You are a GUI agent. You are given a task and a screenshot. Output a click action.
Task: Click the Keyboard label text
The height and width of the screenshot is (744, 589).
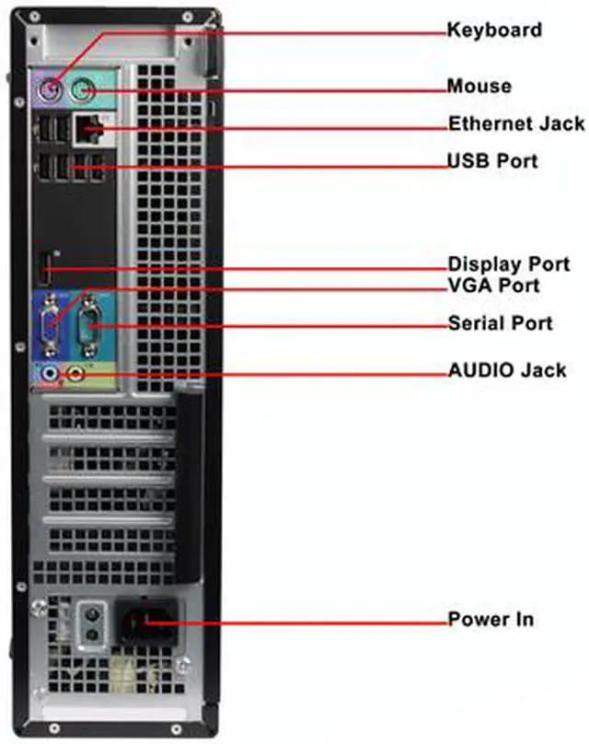point(494,30)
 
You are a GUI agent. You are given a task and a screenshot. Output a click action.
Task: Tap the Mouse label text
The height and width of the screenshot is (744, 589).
point(479,87)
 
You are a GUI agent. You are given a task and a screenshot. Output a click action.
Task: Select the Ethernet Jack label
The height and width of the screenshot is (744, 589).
point(516,123)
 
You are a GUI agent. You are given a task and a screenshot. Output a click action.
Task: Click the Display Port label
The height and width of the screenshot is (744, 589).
point(509,264)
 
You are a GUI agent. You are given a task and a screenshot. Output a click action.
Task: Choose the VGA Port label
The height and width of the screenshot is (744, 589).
point(493,286)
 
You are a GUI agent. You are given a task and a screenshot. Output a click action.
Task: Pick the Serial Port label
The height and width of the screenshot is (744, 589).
point(500,323)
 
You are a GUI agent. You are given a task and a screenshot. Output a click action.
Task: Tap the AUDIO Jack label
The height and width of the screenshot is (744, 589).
point(507,371)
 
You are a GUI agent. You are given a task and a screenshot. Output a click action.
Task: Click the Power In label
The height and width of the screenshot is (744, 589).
point(491,618)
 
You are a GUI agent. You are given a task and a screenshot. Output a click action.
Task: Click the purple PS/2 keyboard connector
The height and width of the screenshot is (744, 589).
point(51,92)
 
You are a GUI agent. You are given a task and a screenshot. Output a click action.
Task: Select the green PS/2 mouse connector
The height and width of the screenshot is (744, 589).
point(82,90)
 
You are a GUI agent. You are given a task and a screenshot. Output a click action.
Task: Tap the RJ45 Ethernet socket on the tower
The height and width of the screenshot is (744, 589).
point(90,130)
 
